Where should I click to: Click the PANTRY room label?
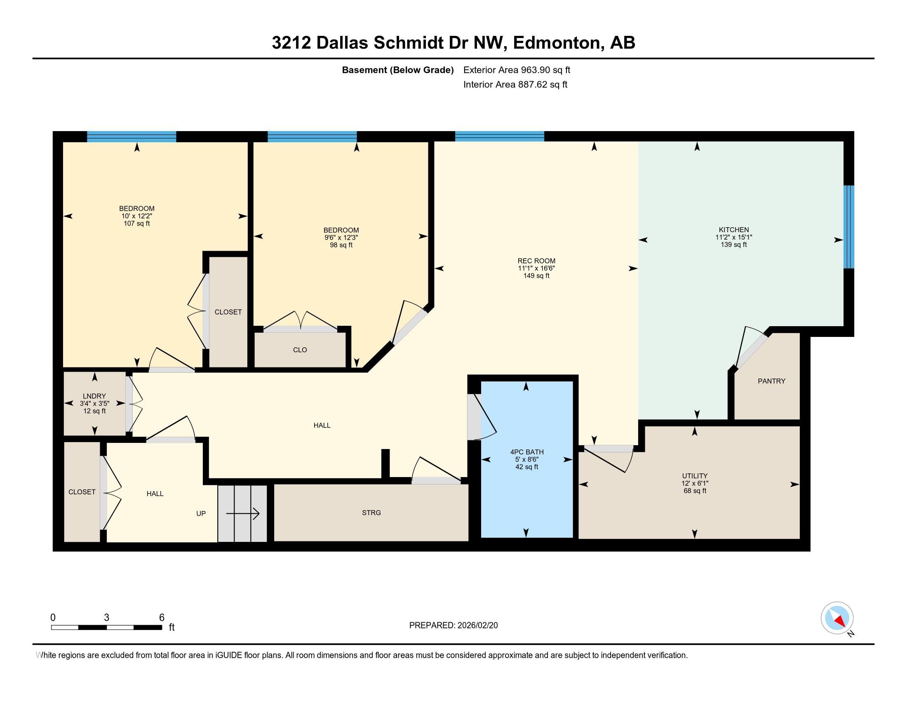click(771, 381)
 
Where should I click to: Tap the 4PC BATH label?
click(526, 452)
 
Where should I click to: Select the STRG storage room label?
click(371, 513)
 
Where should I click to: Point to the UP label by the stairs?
click(201, 513)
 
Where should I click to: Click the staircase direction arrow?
click(243, 514)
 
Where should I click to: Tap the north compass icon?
click(837, 618)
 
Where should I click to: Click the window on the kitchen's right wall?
click(849, 227)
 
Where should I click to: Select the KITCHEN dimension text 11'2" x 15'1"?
click(734, 237)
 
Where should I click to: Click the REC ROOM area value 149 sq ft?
click(536, 276)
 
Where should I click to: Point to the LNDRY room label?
click(94, 396)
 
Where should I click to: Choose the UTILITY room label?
click(695, 476)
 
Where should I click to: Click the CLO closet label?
click(300, 350)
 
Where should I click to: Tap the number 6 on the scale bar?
click(162, 617)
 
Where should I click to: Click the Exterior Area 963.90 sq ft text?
click(517, 70)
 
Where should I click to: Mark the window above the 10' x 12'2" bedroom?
click(132, 136)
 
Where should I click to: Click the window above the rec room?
click(500, 136)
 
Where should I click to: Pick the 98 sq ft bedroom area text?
click(341, 245)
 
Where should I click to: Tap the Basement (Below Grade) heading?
click(397, 70)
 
